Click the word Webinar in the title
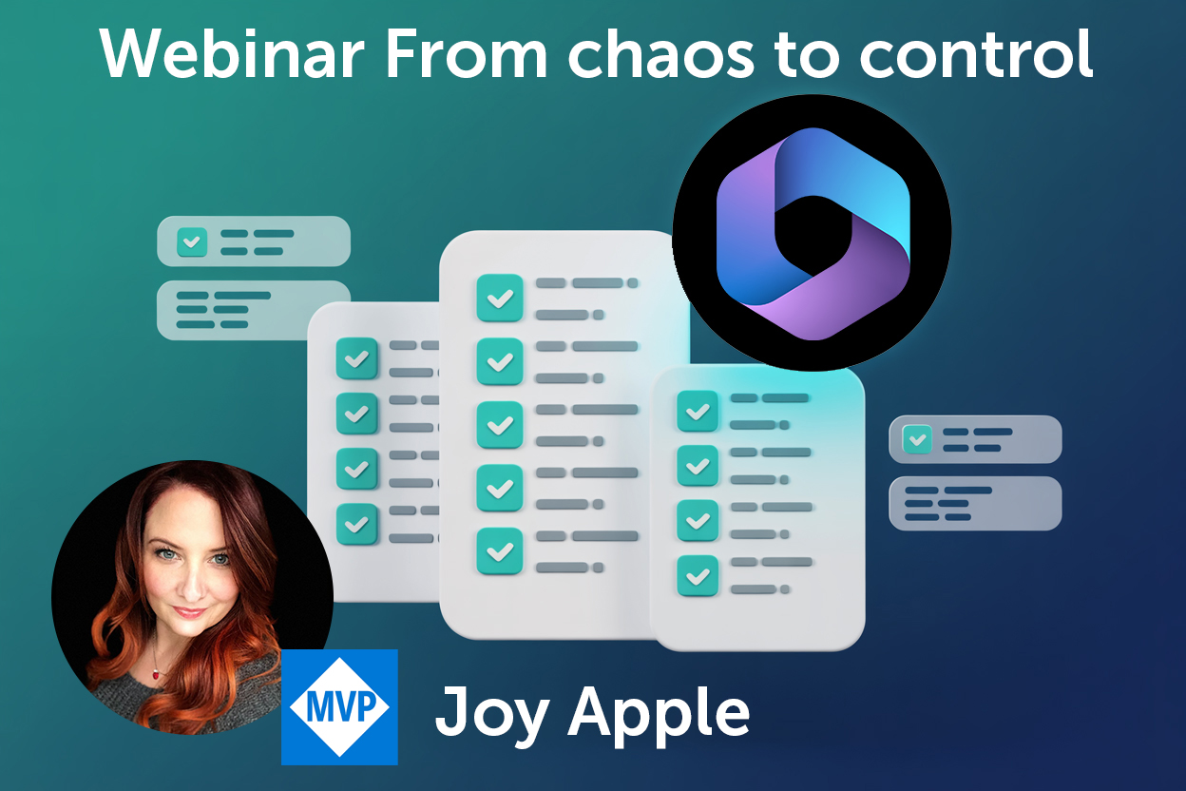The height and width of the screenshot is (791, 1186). pos(232,53)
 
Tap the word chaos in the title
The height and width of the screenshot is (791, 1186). pos(660,53)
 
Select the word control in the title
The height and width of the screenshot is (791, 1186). pos(976,53)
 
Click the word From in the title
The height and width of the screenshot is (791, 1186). pos(467,53)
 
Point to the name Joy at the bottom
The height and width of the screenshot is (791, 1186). pos(491,713)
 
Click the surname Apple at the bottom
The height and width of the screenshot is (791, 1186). pos(659,713)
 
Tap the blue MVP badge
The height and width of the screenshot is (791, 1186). pos(339,706)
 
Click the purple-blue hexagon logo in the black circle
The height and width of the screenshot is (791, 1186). pos(813,234)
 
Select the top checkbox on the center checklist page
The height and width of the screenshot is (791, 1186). pos(499,298)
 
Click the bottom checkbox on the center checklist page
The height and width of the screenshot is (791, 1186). pos(499,551)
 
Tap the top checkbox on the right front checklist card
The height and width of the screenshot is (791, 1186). pos(698,411)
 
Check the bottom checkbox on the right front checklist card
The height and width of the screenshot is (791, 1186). pos(698,575)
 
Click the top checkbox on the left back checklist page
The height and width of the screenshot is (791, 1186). pos(357,358)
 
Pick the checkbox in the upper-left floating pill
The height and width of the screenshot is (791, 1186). pos(192,242)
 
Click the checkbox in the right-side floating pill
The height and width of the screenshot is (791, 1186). pos(917,439)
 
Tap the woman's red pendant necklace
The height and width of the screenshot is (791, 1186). pos(156,673)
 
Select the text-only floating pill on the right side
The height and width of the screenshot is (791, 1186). pos(975,503)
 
